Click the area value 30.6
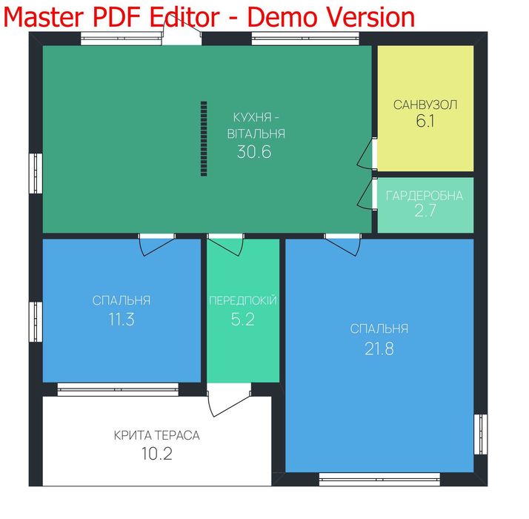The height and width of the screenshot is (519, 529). coord(254,152)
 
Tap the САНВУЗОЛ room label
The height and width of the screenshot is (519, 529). coord(425,105)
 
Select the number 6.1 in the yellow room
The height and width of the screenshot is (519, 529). coord(425,121)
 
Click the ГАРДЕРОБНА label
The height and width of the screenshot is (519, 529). coord(425,196)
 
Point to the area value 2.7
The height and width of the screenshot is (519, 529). coord(425,211)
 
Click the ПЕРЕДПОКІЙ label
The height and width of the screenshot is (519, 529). coord(243,300)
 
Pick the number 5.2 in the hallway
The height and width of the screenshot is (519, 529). coord(242,319)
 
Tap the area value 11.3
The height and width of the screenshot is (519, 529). coord(122,319)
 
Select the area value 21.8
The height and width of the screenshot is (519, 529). coord(379,348)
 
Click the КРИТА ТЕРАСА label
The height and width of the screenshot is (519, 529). coord(156,435)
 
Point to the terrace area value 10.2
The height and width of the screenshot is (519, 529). coord(156,454)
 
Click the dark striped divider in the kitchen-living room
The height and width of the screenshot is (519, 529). coord(204,139)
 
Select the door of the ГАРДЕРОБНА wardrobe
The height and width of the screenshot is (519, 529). coord(367,194)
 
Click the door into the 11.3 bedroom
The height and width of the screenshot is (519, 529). coord(157,245)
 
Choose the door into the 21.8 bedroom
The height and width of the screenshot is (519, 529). coord(343,245)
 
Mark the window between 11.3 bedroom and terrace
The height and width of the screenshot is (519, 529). coord(118,389)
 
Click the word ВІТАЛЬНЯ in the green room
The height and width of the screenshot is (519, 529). coord(256,134)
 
